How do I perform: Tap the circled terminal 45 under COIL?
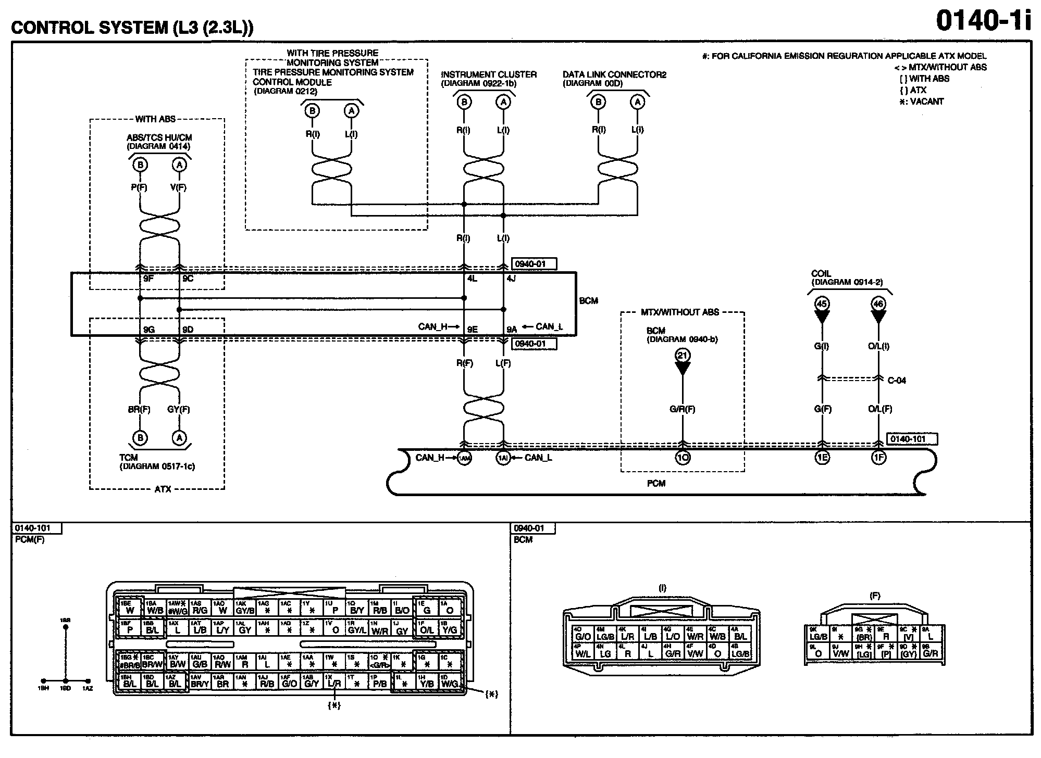coord(822,304)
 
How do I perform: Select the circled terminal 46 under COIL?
coord(878,304)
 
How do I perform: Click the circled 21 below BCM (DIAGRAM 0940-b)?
coord(683,356)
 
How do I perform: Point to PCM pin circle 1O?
coord(683,458)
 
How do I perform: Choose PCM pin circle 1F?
coord(878,458)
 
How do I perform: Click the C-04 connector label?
coord(896,381)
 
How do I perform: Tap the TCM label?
coord(128,458)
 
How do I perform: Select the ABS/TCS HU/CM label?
coord(159,138)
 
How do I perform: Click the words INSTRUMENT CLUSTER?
coord(488,75)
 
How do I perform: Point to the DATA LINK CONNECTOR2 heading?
coord(614,75)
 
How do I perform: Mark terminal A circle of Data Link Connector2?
coord(637,102)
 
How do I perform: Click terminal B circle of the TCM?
coord(140,438)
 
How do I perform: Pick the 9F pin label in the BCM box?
coord(148,279)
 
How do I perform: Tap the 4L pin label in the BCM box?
coord(472,279)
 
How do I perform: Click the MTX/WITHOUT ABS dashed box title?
coord(679,312)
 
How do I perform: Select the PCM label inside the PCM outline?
coord(656,484)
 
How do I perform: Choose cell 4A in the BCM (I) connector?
coord(740,634)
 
